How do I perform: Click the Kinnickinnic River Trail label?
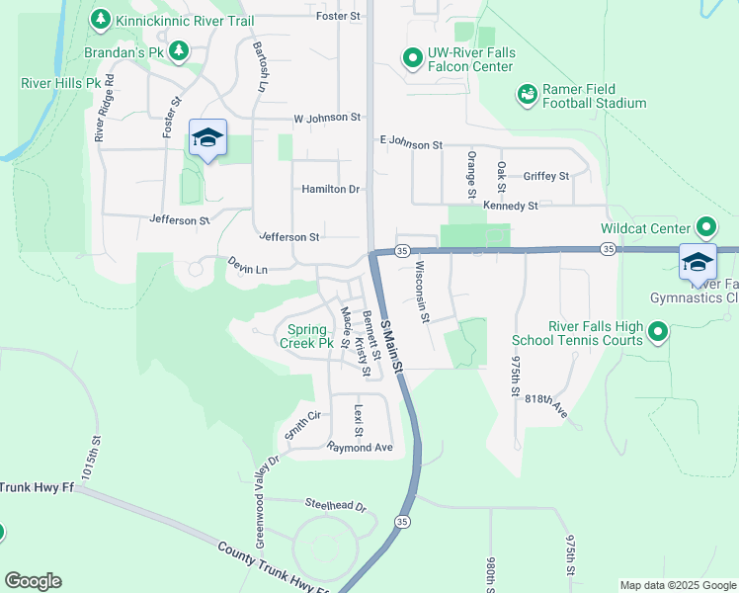185,21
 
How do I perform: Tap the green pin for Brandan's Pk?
178,50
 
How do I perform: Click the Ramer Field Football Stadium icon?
527,95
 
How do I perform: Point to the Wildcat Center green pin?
705,228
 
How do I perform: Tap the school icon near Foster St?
207,139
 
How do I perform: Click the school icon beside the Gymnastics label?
698,263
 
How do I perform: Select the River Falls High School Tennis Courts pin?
659,332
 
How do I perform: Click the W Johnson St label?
327,118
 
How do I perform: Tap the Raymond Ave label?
361,448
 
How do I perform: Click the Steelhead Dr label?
335,506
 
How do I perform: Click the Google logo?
33,581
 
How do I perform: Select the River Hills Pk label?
61,83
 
